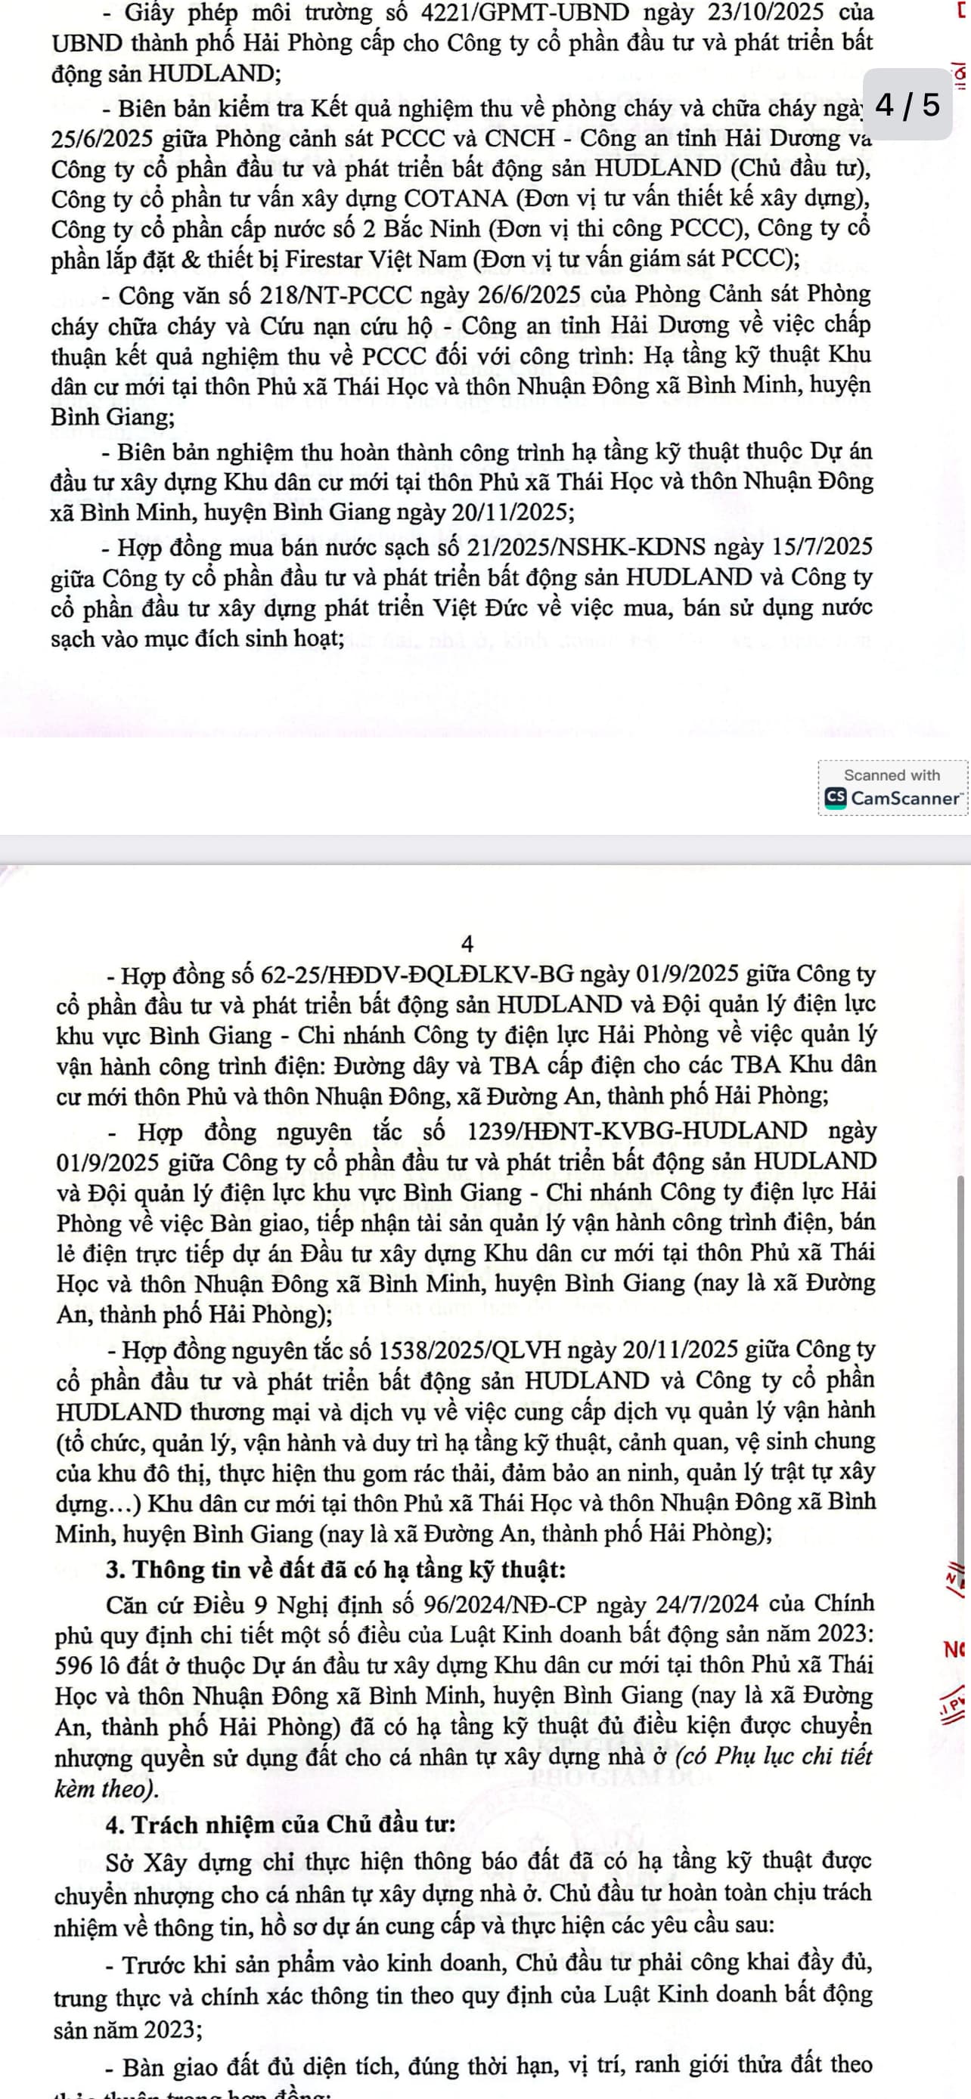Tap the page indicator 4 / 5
[907, 105]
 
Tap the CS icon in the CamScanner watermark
[835, 798]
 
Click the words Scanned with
[892, 775]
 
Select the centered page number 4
[467, 944]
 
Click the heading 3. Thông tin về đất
[336, 1569]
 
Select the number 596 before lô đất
[74, 1665]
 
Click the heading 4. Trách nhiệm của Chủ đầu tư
[281, 1825]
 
